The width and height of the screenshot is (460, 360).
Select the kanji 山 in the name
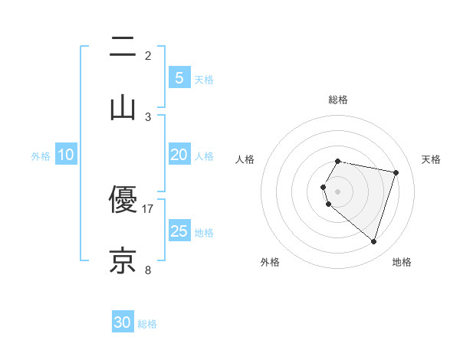tap(123, 107)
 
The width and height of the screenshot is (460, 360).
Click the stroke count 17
tap(149, 208)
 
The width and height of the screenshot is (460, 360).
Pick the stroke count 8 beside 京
tap(148, 270)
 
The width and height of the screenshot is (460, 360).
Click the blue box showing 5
tap(179, 77)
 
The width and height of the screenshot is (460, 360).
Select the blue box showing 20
tap(179, 155)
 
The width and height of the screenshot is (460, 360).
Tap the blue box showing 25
tap(179, 231)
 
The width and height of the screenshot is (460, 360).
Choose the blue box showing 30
tap(123, 322)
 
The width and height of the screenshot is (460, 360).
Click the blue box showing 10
tap(66, 155)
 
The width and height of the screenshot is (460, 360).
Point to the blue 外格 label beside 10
tap(41, 156)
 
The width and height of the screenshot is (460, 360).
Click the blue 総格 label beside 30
tap(147, 324)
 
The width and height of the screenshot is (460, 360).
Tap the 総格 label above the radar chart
tap(338, 100)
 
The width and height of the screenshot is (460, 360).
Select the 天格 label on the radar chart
tap(431, 159)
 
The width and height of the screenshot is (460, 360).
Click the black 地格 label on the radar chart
tap(402, 262)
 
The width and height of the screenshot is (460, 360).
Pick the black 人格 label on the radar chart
tap(245, 159)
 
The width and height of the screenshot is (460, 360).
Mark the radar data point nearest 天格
tap(396, 172)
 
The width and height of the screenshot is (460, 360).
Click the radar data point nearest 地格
tap(373, 242)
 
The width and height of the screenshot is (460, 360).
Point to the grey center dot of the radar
tap(338, 191)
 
